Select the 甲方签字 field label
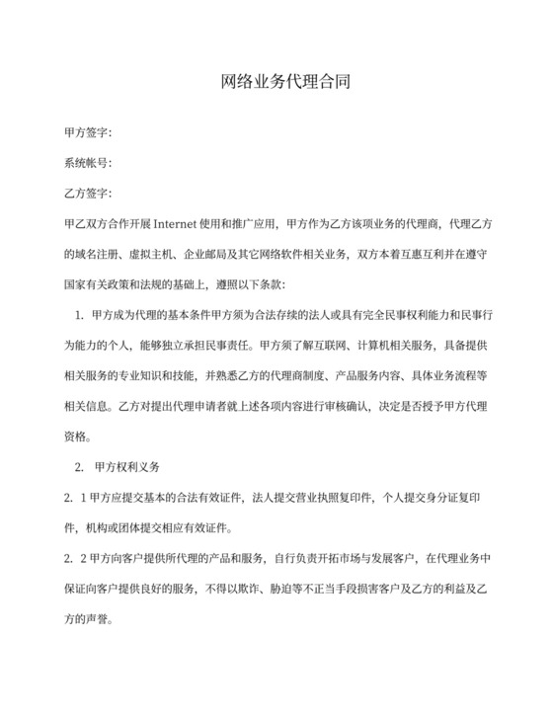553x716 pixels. pyautogui.click(x=87, y=131)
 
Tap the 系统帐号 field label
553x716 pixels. pyautogui.click(x=87, y=162)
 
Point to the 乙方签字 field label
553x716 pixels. pyautogui.click(x=87, y=193)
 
